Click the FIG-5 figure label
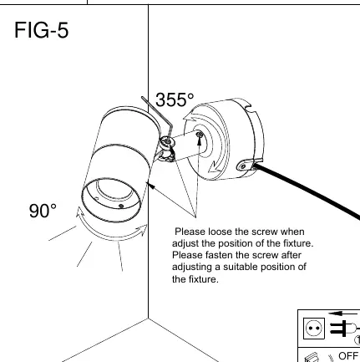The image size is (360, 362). point(41,30)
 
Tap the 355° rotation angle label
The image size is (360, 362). point(175,99)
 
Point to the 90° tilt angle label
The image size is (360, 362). point(43,211)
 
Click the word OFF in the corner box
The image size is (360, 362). point(347,356)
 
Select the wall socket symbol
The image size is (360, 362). point(314,329)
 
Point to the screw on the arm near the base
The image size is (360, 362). point(199,135)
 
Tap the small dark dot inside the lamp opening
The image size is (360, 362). point(121,206)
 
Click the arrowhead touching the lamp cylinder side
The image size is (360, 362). point(150,185)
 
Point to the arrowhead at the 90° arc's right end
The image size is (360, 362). point(142,230)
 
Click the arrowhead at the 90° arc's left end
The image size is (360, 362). point(80,212)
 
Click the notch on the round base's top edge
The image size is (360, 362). point(249,108)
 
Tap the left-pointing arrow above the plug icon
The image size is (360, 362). point(342,314)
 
